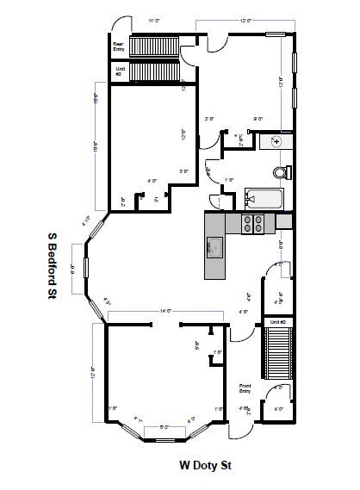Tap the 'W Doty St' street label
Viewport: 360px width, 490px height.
[x=208, y=464]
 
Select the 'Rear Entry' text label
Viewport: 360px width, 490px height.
[x=120, y=47]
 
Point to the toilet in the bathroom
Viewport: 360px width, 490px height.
[x=278, y=169]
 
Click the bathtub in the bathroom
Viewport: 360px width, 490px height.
[x=264, y=198]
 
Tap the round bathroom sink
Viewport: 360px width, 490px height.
[x=277, y=140]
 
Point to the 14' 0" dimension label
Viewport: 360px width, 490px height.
[x=165, y=311]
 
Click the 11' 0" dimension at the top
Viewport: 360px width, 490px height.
[x=154, y=19]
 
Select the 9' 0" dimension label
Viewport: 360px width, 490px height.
[x=258, y=119]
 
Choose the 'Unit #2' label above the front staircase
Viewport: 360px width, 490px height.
[x=278, y=321]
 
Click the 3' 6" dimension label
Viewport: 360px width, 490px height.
[x=183, y=171]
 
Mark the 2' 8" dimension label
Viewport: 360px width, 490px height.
[x=209, y=119]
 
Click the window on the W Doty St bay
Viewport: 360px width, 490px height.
[x=164, y=440]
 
